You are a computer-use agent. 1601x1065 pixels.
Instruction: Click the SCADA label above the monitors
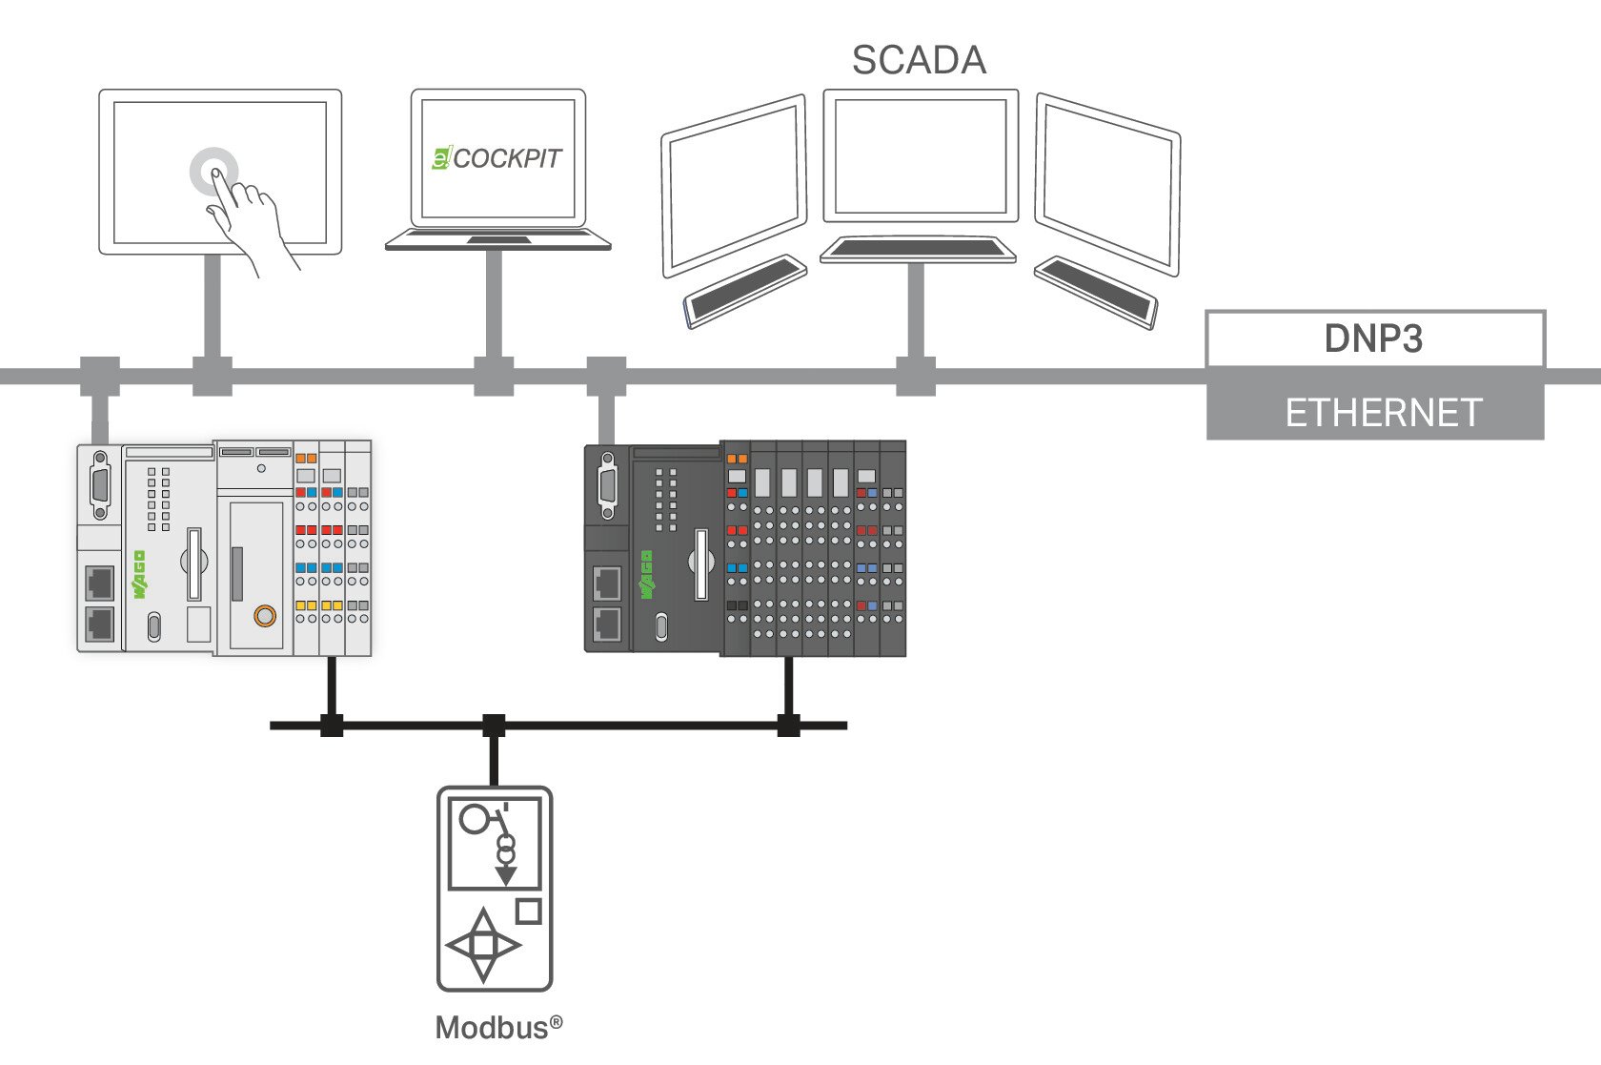[x=919, y=60]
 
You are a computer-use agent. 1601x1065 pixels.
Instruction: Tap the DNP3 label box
[x=1375, y=338]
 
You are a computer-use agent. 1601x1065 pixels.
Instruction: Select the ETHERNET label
[x=1383, y=413]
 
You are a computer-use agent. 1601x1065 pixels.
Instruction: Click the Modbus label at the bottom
[x=498, y=1028]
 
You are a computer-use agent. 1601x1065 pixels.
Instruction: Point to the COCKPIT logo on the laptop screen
[x=497, y=158]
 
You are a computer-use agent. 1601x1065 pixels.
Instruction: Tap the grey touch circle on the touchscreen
[x=213, y=172]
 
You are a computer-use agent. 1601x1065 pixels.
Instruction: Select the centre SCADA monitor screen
[x=921, y=156]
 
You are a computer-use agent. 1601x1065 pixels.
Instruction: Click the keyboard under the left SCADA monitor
[x=745, y=291]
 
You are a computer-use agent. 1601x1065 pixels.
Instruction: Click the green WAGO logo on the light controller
[x=139, y=574]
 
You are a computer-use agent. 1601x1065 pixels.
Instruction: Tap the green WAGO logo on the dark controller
[x=647, y=574]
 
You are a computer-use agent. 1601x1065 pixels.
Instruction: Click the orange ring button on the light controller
[x=265, y=616]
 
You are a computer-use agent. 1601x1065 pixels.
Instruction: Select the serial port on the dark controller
[x=608, y=485]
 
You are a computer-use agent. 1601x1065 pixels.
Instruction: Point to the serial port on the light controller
[x=100, y=485]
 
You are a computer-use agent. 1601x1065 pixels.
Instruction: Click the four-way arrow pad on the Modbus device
[x=483, y=945]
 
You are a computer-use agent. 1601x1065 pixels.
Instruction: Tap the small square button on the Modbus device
[x=528, y=911]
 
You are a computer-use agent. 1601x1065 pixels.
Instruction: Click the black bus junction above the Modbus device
[x=494, y=726]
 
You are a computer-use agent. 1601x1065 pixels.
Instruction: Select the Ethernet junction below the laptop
[x=494, y=377]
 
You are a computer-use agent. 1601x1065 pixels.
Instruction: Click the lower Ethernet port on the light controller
[x=99, y=625]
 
